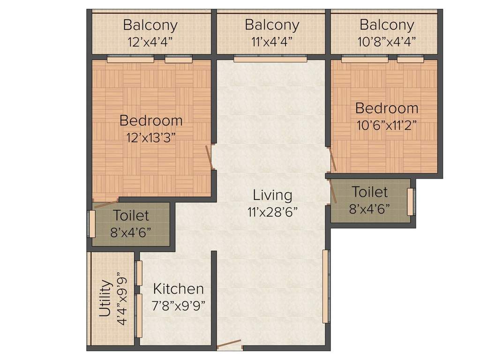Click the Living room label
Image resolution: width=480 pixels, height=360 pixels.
272,195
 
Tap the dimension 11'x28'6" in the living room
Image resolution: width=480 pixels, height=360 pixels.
272,212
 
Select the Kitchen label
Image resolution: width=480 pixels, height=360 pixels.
179,288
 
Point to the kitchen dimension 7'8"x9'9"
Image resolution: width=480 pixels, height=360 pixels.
179,306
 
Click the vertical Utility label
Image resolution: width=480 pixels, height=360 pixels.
106,299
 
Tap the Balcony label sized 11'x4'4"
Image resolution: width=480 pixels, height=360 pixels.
271,24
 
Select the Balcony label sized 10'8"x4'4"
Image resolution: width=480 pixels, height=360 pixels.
387,24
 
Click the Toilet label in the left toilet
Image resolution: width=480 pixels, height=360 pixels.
131,216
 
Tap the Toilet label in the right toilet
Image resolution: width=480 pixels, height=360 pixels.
369,192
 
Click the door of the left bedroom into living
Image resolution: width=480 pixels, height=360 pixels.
210,157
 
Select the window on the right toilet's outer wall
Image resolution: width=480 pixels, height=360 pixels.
411,202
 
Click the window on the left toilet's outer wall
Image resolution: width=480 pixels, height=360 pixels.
92,224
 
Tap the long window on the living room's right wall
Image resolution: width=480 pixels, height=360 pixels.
325,286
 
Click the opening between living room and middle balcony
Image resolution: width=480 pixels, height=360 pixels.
270,60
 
